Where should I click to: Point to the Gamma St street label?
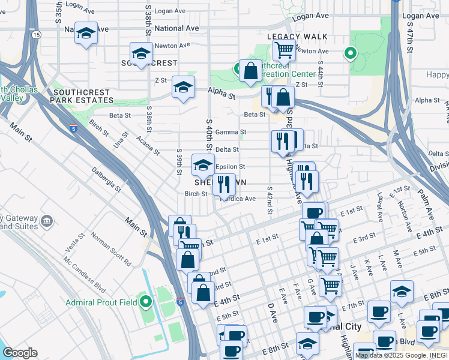coord(231,132)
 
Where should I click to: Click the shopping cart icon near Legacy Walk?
coord(285,50)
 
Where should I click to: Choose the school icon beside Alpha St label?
coord(184,86)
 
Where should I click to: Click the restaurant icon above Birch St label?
coord(224,184)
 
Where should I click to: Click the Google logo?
coord(20,352)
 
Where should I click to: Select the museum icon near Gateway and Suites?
coord(46,223)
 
